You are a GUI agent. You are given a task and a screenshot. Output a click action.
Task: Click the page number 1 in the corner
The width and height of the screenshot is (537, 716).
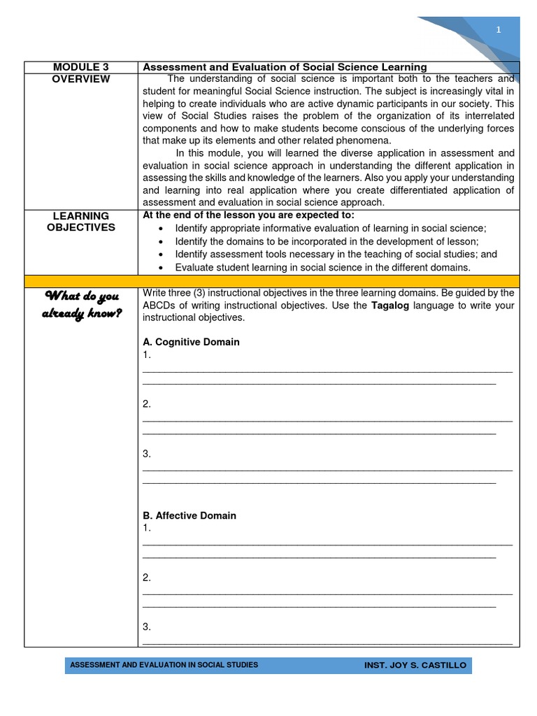pos(499,29)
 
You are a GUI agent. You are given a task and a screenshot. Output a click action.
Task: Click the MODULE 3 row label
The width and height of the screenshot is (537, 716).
pos(81,67)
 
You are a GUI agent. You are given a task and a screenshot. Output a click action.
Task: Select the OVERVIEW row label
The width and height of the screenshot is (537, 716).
pos(81,79)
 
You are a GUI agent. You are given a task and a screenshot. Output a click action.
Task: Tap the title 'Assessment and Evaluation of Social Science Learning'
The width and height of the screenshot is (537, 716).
pos(285,67)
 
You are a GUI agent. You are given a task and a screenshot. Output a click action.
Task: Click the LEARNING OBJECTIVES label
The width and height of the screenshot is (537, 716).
pos(81,222)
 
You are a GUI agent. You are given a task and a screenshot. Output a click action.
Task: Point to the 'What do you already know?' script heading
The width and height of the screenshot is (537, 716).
pos(81,305)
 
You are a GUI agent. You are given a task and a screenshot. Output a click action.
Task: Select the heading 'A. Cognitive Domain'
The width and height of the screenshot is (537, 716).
pos(191,342)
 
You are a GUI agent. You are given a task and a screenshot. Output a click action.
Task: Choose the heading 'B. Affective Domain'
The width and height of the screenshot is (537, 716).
pos(189,515)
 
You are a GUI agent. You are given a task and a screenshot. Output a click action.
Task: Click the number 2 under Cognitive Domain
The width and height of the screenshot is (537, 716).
pos(147,404)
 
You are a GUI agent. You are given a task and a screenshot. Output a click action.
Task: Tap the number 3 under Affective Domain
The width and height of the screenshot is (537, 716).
pos(147,626)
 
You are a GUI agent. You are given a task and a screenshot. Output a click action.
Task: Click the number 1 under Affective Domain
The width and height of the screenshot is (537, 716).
pos(147,527)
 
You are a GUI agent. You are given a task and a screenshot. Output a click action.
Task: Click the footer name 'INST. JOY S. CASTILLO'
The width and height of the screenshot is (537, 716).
pos(415,665)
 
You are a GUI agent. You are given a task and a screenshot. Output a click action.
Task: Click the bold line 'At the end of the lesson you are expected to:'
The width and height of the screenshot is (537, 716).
pos(248,215)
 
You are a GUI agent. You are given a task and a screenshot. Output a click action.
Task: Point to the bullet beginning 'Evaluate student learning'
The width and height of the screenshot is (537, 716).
pos(322,267)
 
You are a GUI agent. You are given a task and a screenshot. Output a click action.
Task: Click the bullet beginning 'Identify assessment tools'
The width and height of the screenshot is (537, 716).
pos(336,255)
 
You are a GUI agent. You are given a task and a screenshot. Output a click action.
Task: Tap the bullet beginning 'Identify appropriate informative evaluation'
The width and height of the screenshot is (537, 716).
pos(330,228)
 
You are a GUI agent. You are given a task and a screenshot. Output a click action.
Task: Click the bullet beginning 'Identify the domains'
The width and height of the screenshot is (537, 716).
pos(327,241)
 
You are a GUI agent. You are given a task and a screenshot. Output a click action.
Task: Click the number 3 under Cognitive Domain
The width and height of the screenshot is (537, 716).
pos(147,454)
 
